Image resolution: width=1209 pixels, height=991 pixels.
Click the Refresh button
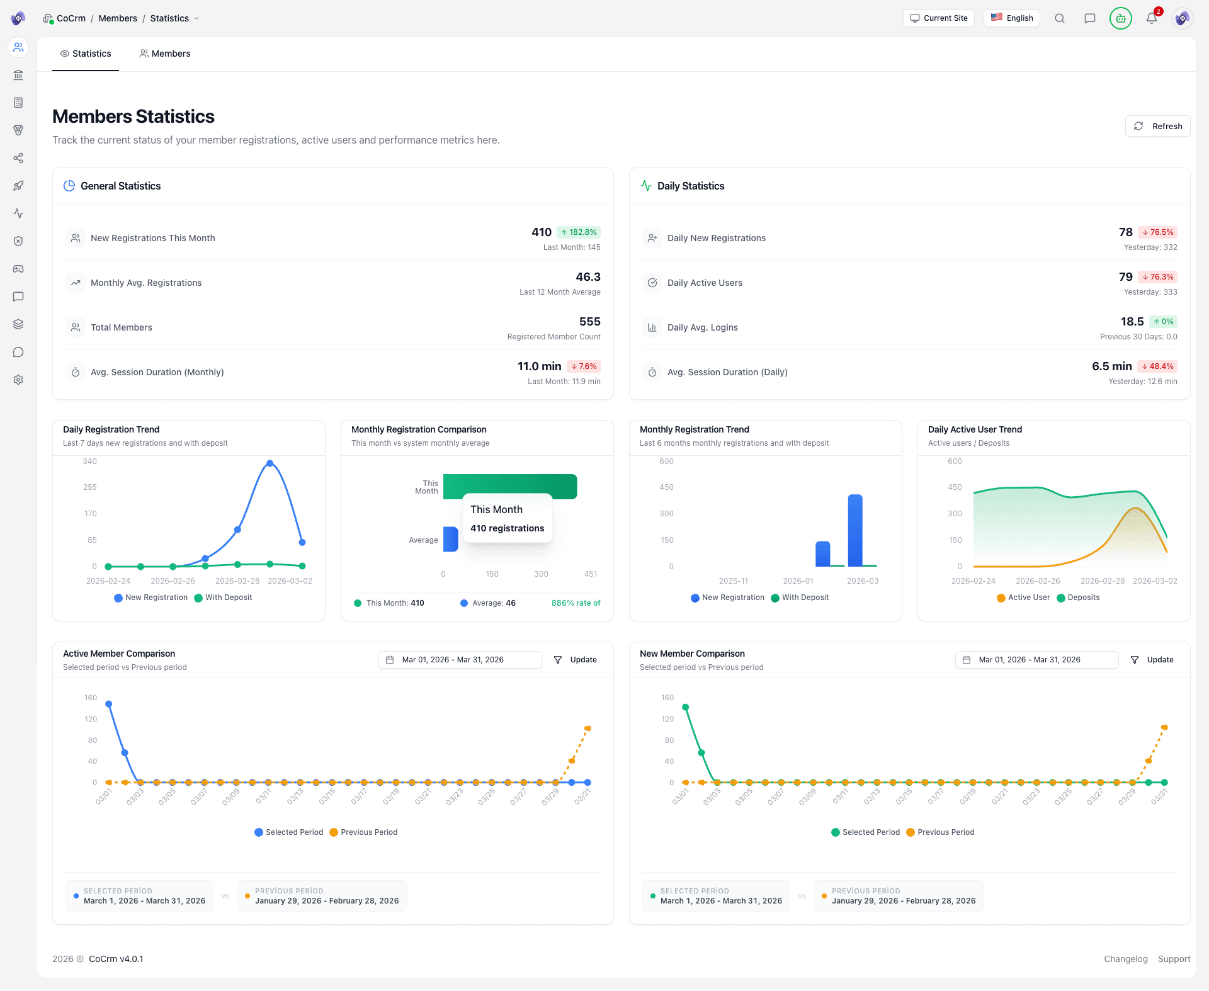[x=1157, y=126]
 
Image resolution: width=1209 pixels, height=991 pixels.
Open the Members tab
[x=165, y=54]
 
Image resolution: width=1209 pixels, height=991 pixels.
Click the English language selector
[x=1012, y=18]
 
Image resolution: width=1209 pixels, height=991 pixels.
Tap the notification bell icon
[x=1151, y=18]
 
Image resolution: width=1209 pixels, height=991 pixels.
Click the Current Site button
[x=939, y=18]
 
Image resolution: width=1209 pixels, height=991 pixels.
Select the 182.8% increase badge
[x=579, y=232]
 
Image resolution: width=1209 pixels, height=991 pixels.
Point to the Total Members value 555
[x=589, y=322]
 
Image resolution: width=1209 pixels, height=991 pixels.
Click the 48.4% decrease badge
[x=1157, y=366]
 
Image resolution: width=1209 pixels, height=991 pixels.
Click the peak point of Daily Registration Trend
[x=270, y=463]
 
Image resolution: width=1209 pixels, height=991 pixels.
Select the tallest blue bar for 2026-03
[x=854, y=530]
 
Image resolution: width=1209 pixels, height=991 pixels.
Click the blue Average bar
[x=450, y=540]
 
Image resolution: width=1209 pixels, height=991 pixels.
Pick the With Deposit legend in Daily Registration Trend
[x=224, y=597]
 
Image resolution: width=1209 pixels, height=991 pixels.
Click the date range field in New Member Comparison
[x=1036, y=660]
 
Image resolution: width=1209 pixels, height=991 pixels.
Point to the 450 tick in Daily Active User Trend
[x=955, y=487]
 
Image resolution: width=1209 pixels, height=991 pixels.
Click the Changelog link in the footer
[x=1125, y=959]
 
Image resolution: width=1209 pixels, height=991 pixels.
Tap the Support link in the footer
[x=1174, y=959]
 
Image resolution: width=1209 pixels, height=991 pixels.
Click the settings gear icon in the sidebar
[x=18, y=380]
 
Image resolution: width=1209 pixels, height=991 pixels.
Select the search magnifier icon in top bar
[x=1060, y=18]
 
